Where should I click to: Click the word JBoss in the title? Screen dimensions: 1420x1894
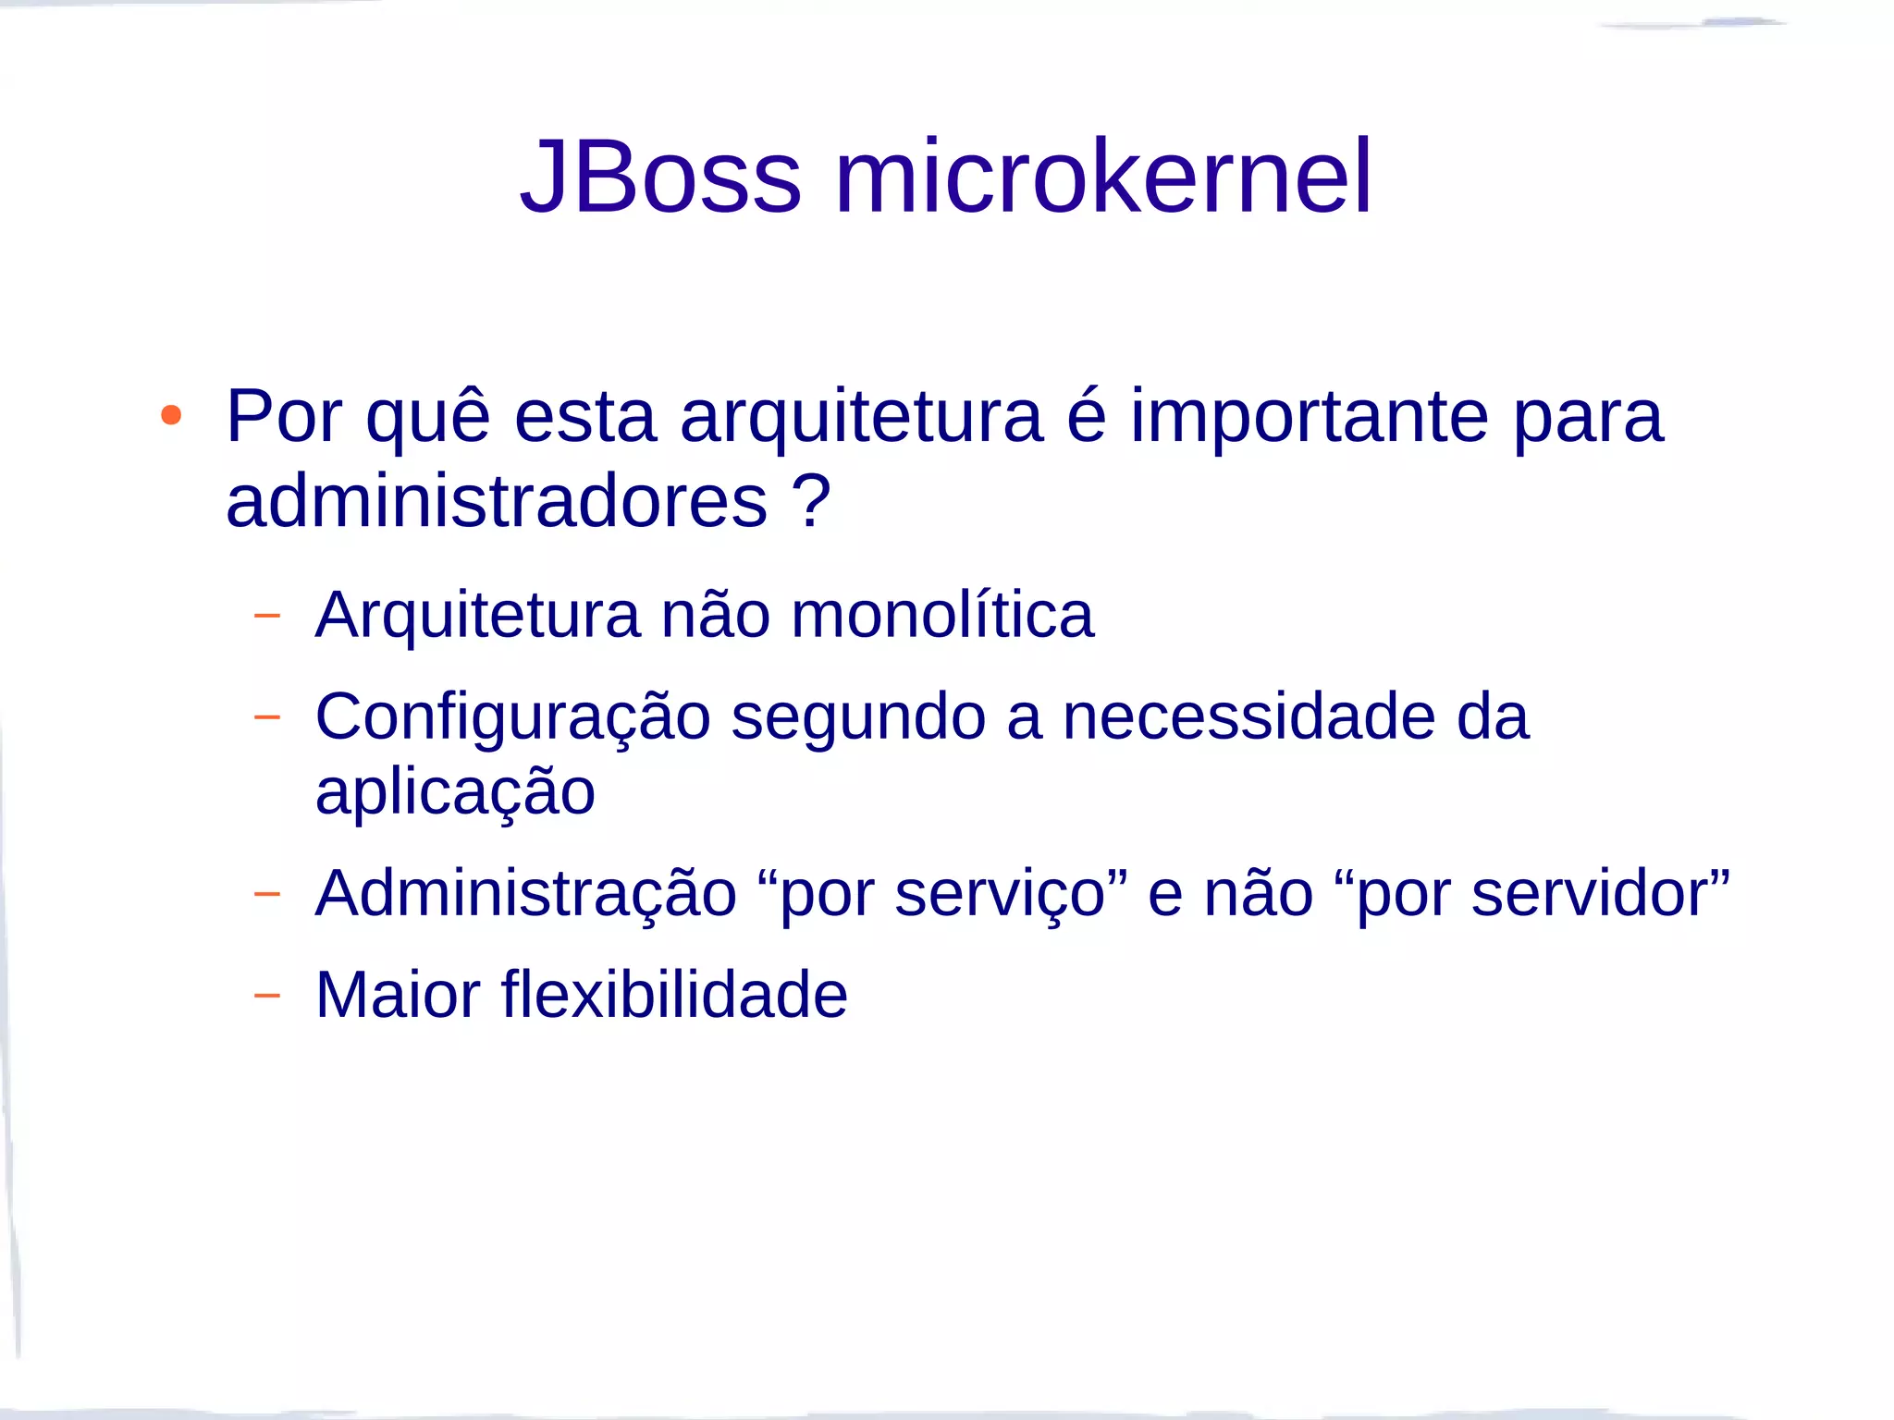click(660, 177)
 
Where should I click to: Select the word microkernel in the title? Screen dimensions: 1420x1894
click(1103, 177)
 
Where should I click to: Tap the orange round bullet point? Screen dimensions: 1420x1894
click(171, 415)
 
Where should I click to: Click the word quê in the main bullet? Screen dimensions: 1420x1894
click(427, 419)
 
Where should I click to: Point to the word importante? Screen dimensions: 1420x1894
click(1309, 419)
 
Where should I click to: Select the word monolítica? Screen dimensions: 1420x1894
click(942, 615)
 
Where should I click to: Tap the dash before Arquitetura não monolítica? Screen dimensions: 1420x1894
click(266, 615)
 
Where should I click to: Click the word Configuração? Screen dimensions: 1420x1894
click(512, 718)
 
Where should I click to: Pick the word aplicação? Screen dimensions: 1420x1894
click(455, 793)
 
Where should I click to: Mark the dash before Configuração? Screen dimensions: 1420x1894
click(266, 716)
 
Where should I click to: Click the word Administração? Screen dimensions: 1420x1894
click(525, 895)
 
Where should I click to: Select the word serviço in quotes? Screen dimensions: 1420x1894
click(1001, 895)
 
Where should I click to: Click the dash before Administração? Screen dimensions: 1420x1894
click(266, 894)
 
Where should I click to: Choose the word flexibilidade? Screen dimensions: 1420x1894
click(674, 995)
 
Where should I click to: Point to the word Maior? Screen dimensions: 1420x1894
click(398, 995)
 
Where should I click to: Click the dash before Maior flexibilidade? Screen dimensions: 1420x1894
click(266, 995)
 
